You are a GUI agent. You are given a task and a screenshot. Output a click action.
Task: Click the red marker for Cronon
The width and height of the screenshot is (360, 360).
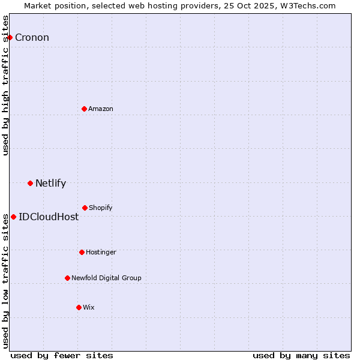coord(10,37)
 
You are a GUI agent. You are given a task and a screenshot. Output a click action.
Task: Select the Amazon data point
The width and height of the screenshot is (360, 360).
coord(85,109)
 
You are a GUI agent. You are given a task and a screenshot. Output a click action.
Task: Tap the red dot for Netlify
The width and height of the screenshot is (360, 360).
coord(30,183)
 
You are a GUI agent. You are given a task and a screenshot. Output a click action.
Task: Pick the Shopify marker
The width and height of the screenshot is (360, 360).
coord(85,208)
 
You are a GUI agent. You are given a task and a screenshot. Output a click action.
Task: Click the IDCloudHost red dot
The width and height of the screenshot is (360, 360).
coord(13,217)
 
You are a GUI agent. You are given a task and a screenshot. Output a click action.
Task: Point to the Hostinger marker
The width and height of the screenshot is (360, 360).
coord(82,252)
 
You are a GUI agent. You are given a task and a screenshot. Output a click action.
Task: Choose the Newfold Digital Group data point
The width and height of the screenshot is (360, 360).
coord(67,278)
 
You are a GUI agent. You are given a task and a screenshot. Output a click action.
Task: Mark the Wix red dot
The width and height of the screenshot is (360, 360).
coord(79,307)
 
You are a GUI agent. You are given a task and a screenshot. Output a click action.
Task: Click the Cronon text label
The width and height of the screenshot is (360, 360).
coord(32,38)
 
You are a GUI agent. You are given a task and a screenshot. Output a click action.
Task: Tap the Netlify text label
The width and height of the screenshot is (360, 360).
coord(50,184)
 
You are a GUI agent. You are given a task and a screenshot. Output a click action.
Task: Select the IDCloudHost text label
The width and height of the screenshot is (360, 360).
coord(49,217)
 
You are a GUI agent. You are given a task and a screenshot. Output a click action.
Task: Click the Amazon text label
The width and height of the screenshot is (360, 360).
coord(101,109)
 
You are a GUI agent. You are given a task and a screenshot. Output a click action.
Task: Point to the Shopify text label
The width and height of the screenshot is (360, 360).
coord(101,208)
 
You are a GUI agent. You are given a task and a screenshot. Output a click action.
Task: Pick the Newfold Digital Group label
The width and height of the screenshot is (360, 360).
coord(106,278)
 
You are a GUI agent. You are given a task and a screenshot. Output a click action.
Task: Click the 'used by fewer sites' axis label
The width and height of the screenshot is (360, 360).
coord(62,355)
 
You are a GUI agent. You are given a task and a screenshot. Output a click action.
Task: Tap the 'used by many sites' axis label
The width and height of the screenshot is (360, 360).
coord(301,355)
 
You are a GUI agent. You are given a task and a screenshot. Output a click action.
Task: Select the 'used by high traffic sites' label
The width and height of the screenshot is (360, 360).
coord(6,85)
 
